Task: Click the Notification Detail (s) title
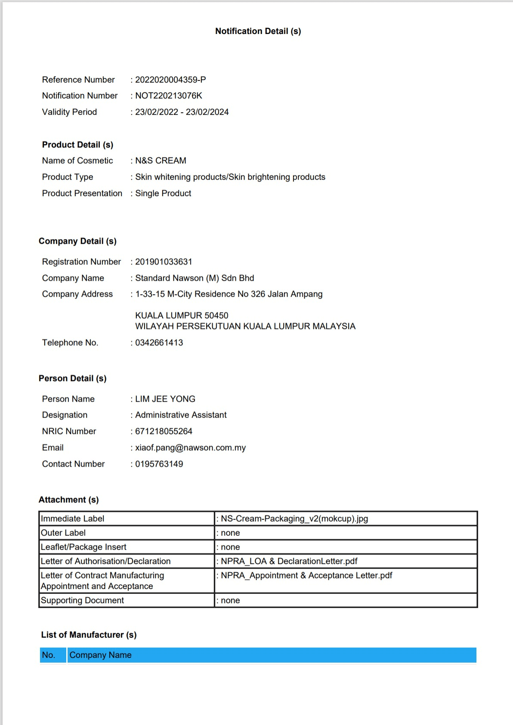[258, 31]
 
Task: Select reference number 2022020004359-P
[170, 80]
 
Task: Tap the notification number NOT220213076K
[168, 96]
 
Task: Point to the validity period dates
[182, 112]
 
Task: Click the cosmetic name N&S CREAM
[161, 161]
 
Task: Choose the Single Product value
[163, 194]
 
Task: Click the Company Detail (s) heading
[77, 241]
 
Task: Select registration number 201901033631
[164, 262]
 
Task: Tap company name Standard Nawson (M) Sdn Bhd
[195, 278]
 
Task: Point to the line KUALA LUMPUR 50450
[182, 316]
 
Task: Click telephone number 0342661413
[159, 343]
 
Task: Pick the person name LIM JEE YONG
[165, 399]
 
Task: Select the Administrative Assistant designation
[181, 415]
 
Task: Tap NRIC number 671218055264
[164, 431]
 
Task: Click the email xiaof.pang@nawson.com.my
[190, 448]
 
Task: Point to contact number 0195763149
[159, 464]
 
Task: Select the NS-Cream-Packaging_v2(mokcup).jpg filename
[294, 519]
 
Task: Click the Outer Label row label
[63, 533]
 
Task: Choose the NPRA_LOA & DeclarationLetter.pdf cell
[289, 561]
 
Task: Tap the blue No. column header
[49, 655]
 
